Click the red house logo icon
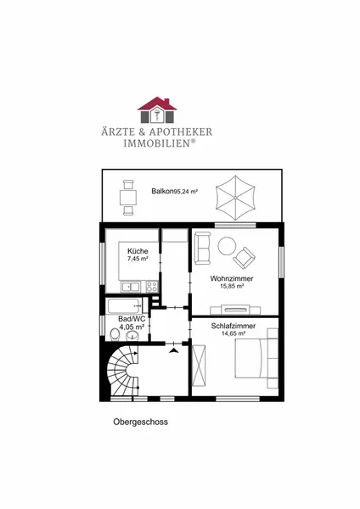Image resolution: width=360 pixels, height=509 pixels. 157,110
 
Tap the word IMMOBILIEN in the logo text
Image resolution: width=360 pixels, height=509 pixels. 156,143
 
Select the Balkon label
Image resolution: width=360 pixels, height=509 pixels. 162,191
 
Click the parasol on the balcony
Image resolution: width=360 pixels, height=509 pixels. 235,198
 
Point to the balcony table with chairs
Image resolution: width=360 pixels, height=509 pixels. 127,198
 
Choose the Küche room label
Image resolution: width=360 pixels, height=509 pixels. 138,251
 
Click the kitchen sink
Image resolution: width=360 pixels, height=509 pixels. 130,287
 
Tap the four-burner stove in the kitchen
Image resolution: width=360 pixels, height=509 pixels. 152,287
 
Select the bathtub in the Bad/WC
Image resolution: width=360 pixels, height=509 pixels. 125,306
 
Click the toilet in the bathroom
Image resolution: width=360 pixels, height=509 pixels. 115,335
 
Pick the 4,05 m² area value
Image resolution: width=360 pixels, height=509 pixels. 132,327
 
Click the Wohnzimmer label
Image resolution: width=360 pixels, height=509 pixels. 232,278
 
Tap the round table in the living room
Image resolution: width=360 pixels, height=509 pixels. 227,246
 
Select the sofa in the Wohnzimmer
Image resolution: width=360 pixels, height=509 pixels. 202,248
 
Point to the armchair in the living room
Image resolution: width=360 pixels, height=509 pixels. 244,258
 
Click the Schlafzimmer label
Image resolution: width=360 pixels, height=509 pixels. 233,326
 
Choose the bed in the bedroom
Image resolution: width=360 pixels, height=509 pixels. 256,358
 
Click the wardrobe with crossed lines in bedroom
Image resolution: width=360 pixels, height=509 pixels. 199,366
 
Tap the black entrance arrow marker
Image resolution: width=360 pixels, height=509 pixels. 174,350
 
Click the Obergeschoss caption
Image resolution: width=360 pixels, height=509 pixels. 141,422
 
